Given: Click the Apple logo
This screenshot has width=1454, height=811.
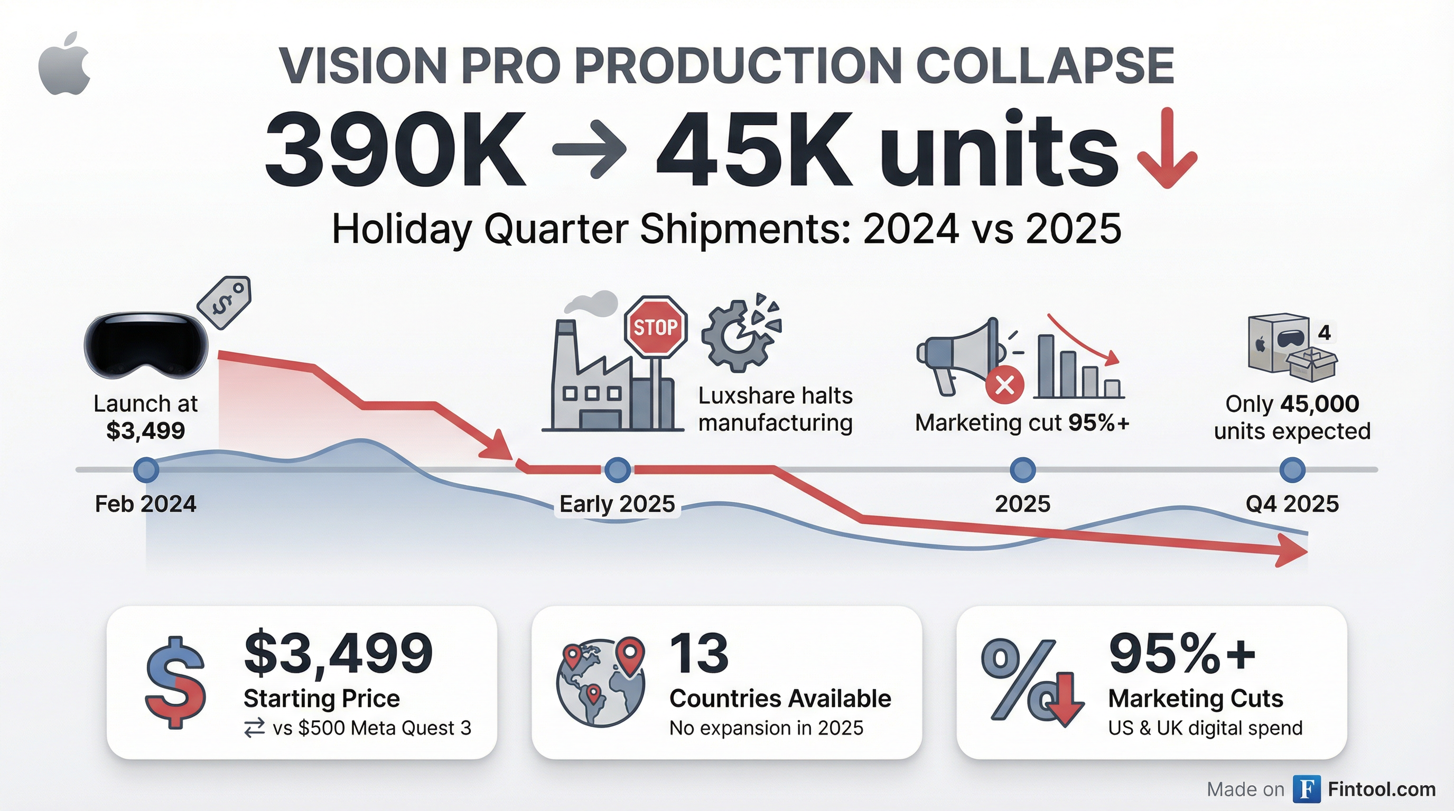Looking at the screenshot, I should point(64,64).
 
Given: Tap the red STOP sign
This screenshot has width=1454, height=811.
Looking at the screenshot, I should point(655,326).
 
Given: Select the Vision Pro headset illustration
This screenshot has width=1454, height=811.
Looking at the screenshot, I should point(146,345).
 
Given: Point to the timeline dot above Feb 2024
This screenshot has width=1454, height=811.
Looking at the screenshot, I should point(146,469).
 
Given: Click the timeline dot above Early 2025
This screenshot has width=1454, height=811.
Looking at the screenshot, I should point(618,469).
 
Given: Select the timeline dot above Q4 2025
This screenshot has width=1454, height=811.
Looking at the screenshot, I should point(1292,469).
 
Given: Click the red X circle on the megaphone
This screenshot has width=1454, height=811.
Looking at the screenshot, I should point(1004,386).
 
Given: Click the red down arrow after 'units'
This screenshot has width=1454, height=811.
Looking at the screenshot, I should point(1167,149).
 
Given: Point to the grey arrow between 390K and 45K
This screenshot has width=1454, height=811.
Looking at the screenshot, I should point(589,149).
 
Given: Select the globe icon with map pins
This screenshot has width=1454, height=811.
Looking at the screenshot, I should point(601,681).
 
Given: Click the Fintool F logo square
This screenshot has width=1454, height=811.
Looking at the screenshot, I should point(1307,789).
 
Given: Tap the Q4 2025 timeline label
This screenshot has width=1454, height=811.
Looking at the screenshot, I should point(1292,504).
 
